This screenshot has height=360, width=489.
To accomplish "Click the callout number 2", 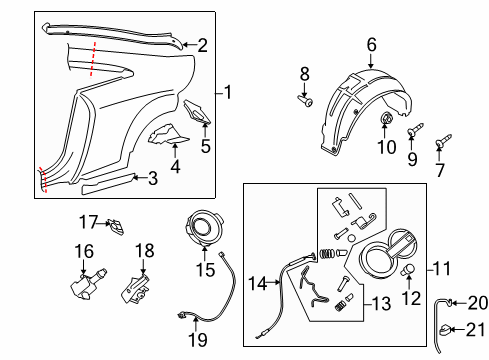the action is tap(202, 45).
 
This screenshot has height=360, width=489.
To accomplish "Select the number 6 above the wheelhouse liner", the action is tap(371, 45).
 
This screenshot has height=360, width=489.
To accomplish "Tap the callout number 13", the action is tap(381, 304).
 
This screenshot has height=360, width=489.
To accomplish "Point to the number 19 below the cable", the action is tap(198, 340).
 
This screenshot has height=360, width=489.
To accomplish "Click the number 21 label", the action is tap(475, 330).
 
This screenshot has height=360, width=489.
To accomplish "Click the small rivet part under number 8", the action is tap(305, 101).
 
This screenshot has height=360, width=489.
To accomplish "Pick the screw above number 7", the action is tap(444, 140).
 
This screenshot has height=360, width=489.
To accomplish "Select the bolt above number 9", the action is tap(415, 130).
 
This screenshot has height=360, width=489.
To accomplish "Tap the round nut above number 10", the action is tap(386, 118).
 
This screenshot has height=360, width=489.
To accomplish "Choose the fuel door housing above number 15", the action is tap(203, 229).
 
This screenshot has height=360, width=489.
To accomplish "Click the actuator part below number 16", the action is tap(88, 284).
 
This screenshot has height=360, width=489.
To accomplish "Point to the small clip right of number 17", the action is tap(116, 227).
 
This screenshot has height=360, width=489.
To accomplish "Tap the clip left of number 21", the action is tap(445, 330).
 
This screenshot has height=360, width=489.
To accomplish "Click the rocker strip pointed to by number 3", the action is tap(108, 184).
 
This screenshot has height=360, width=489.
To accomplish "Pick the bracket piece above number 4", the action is tap(168, 134).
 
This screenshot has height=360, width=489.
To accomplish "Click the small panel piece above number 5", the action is tap(197, 111).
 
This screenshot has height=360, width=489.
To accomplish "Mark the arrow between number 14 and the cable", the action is tap(273, 282).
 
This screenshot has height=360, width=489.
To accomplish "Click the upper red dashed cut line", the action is tap(93, 59).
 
